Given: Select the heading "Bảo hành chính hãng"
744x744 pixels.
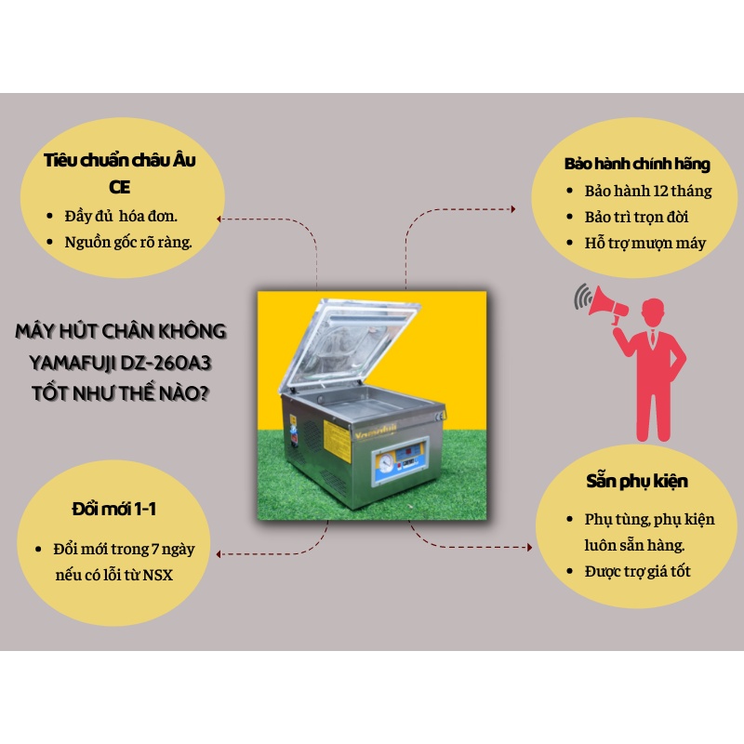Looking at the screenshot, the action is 637,165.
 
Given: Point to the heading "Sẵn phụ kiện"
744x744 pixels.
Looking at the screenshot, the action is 638,482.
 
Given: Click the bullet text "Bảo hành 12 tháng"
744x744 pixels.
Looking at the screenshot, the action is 648,191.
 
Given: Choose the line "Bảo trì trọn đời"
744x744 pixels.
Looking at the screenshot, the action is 636,217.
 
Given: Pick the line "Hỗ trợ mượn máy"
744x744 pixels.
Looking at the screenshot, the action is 645,243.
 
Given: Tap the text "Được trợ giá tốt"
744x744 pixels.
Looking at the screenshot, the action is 638,570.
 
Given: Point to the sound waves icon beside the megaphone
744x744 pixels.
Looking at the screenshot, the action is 584,298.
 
